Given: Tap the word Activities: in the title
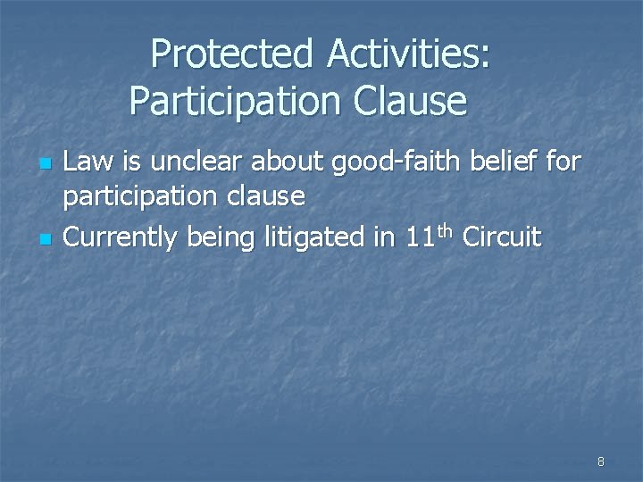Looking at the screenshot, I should coord(408,54).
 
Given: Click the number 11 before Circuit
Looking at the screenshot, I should coord(420,238).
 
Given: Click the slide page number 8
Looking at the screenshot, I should coord(600,461).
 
